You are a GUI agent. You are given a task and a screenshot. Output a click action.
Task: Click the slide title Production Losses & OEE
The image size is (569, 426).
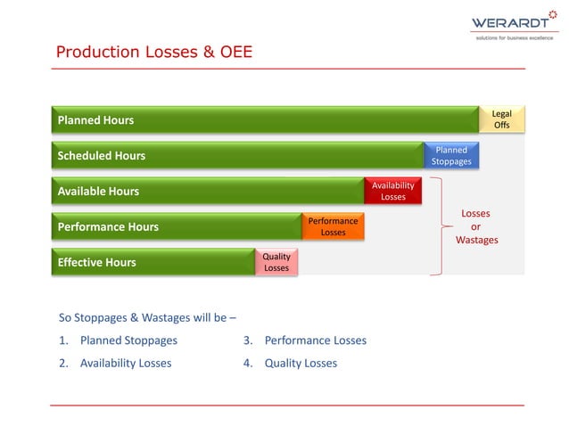click(x=154, y=53)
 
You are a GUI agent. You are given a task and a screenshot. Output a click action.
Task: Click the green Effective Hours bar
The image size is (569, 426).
click(x=153, y=263)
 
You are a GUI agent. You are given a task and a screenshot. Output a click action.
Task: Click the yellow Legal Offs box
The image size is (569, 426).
click(x=502, y=119)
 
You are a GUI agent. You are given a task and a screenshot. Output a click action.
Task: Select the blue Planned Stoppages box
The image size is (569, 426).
click(x=451, y=156)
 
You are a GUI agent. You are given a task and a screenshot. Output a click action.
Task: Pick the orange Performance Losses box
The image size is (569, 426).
click(x=333, y=226)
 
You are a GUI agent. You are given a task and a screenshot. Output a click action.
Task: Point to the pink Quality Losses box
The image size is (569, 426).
click(x=276, y=262)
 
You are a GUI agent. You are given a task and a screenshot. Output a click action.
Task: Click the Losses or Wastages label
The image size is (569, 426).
click(x=476, y=226)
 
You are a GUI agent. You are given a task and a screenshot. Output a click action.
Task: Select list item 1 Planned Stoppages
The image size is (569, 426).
click(x=119, y=340)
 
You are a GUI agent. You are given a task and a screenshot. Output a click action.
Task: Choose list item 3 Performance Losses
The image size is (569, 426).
click(x=305, y=340)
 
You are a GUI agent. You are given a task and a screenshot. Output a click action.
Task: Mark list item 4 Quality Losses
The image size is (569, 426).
click(x=291, y=363)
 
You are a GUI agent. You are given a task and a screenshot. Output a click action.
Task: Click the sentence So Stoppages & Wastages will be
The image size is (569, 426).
click(x=147, y=316)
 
